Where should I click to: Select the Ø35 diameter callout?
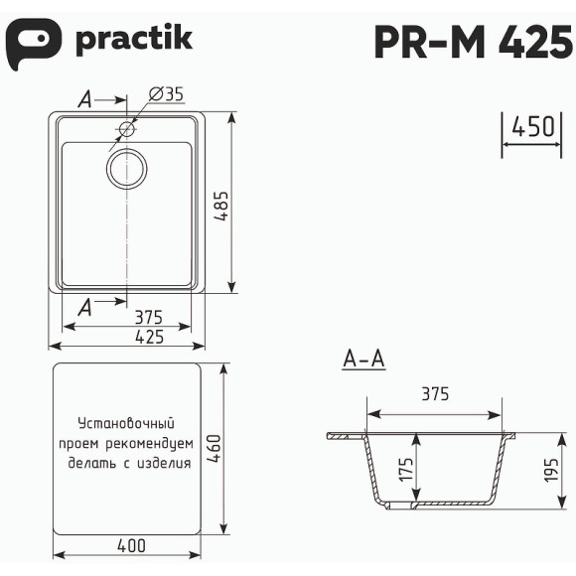[166, 95]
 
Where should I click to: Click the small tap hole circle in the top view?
[127, 129]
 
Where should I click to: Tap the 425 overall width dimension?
[148, 337]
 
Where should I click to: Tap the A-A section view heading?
[362, 360]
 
